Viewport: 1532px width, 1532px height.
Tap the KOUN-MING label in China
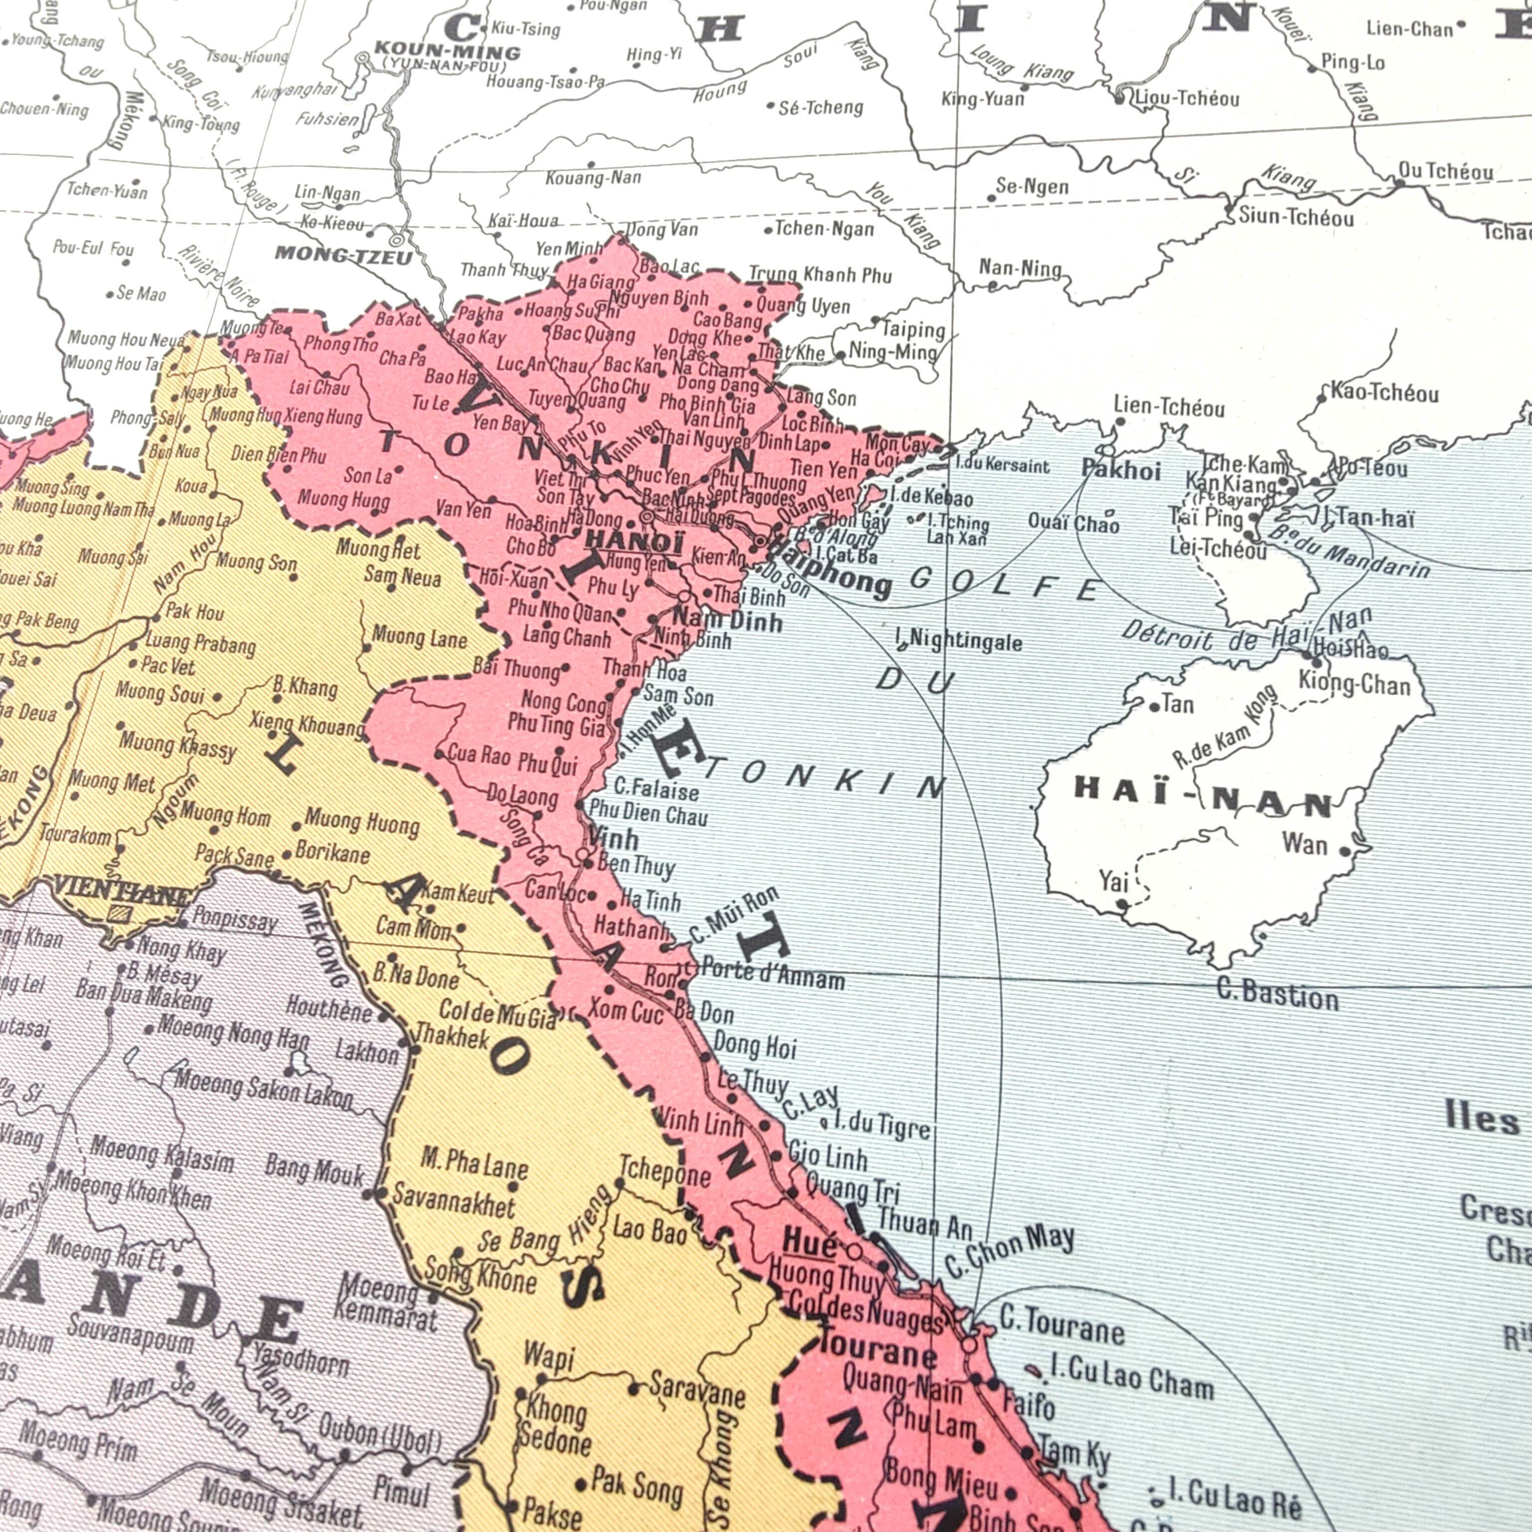coord(446,52)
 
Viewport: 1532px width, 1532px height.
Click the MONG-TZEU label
coord(343,255)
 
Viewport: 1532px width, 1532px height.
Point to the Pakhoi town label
coord(1121,470)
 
